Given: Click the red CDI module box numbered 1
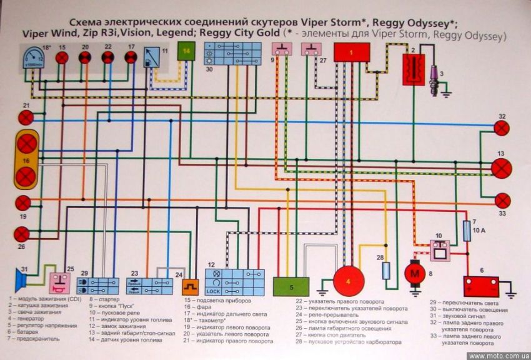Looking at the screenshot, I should (x=351, y=52).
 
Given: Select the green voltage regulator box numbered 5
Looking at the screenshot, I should (x=291, y=286).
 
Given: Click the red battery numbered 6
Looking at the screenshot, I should (x=481, y=286).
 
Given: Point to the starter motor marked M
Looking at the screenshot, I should (x=414, y=272).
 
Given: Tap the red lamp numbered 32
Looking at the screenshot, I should (x=501, y=128).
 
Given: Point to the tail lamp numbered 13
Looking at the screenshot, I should (x=500, y=167).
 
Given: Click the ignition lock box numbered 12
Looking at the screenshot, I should (x=234, y=282).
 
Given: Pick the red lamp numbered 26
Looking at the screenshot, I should (x=22, y=234).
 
